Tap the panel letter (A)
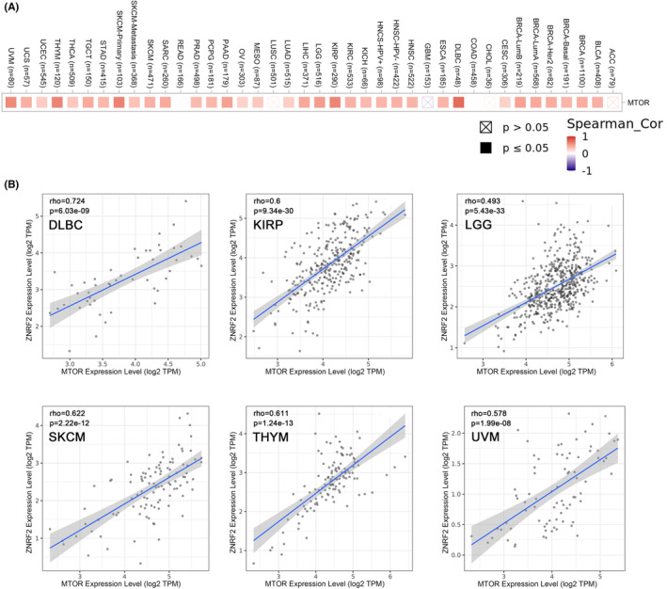point(13,8)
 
